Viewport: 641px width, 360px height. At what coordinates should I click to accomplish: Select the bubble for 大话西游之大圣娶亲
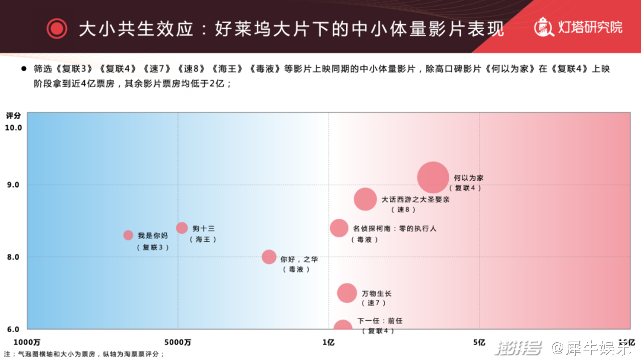[365, 199]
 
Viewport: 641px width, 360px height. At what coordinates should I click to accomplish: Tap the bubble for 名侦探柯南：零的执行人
[339, 228]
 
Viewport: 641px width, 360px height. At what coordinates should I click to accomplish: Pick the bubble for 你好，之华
[269, 257]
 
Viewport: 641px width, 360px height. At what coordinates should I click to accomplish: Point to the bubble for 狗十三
[182, 228]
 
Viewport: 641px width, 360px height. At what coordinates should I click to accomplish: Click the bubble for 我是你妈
[128, 235]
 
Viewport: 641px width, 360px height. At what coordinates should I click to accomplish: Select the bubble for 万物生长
[347, 293]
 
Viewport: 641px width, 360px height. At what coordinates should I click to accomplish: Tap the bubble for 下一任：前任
[342, 326]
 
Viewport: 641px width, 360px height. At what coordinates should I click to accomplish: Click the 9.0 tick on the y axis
[13, 185]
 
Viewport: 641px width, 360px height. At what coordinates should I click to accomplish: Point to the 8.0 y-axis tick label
[13, 257]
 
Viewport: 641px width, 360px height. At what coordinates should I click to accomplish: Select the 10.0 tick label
[13, 128]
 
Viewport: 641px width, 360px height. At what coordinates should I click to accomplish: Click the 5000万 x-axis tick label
[178, 342]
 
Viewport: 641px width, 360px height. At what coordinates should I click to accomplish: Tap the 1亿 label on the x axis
[328, 342]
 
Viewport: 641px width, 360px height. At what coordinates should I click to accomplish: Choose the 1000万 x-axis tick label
[27, 342]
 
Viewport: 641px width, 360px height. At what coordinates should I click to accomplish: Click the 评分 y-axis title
[13, 115]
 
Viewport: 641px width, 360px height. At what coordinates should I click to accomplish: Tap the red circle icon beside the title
[57, 28]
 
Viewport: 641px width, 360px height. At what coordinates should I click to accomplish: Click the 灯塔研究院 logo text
[589, 27]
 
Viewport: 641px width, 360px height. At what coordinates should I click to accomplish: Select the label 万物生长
[376, 294]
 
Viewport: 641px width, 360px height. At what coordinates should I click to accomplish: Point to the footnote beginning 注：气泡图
[84, 354]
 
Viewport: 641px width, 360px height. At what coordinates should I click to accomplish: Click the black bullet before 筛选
[24, 69]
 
